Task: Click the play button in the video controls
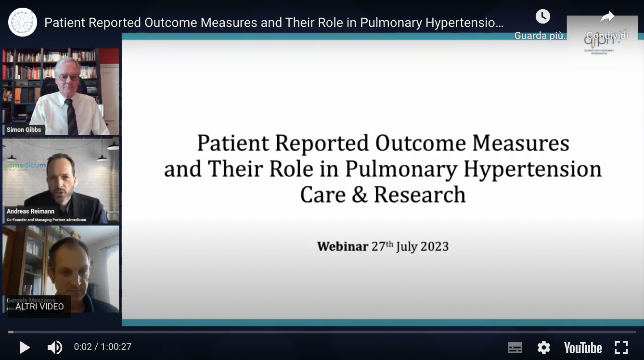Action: (x=24, y=347)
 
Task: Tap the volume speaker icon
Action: (x=54, y=347)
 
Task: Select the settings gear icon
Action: (x=543, y=347)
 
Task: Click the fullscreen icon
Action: (x=621, y=347)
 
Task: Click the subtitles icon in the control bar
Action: (x=515, y=347)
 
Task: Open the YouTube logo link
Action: (x=582, y=347)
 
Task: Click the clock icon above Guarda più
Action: (x=542, y=17)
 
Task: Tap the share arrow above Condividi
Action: (x=607, y=17)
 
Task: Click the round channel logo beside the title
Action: (x=23, y=22)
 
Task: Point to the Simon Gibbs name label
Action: (x=24, y=130)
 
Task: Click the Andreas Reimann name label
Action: (x=30, y=211)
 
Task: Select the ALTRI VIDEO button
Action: (x=39, y=307)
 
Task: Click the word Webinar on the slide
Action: (x=342, y=246)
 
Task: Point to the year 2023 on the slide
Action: (x=434, y=246)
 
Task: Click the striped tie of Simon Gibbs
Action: (x=71, y=116)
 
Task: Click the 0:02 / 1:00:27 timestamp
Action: (x=103, y=347)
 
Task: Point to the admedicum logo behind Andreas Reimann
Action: (x=24, y=166)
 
